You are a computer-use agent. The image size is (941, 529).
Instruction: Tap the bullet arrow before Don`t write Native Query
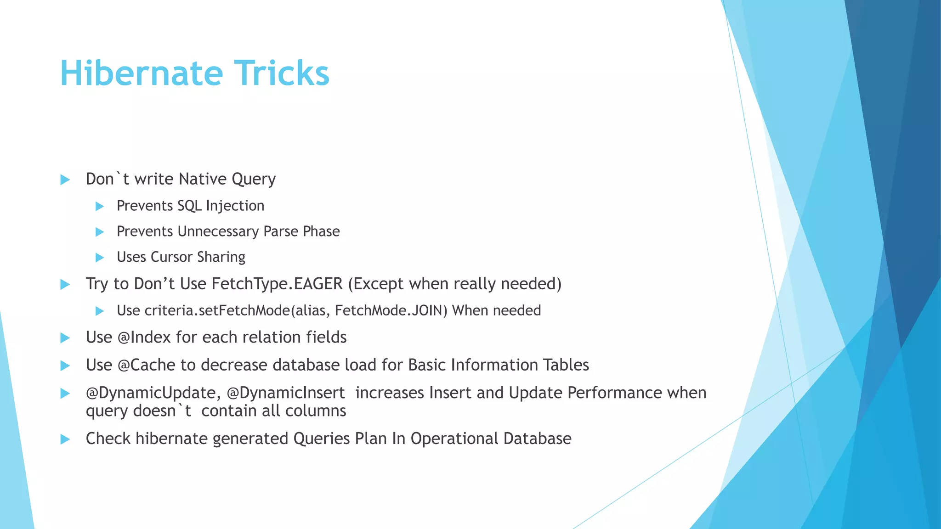(65, 180)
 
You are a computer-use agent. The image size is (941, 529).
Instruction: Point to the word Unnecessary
(218, 231)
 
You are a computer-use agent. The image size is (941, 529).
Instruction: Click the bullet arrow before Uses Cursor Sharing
(99, 258)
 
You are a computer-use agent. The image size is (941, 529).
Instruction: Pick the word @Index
(144, 338)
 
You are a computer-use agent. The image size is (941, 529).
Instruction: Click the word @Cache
(147, 365)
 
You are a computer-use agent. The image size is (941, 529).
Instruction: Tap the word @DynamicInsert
(285, 393)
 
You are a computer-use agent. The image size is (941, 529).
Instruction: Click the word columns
(320, 411)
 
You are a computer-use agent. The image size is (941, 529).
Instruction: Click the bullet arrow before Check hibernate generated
(65, 439)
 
